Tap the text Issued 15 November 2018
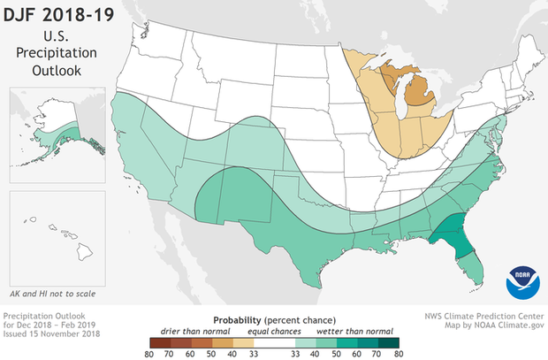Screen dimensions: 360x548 coord(49,333)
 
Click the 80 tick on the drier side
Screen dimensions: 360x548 coord(147,351)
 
